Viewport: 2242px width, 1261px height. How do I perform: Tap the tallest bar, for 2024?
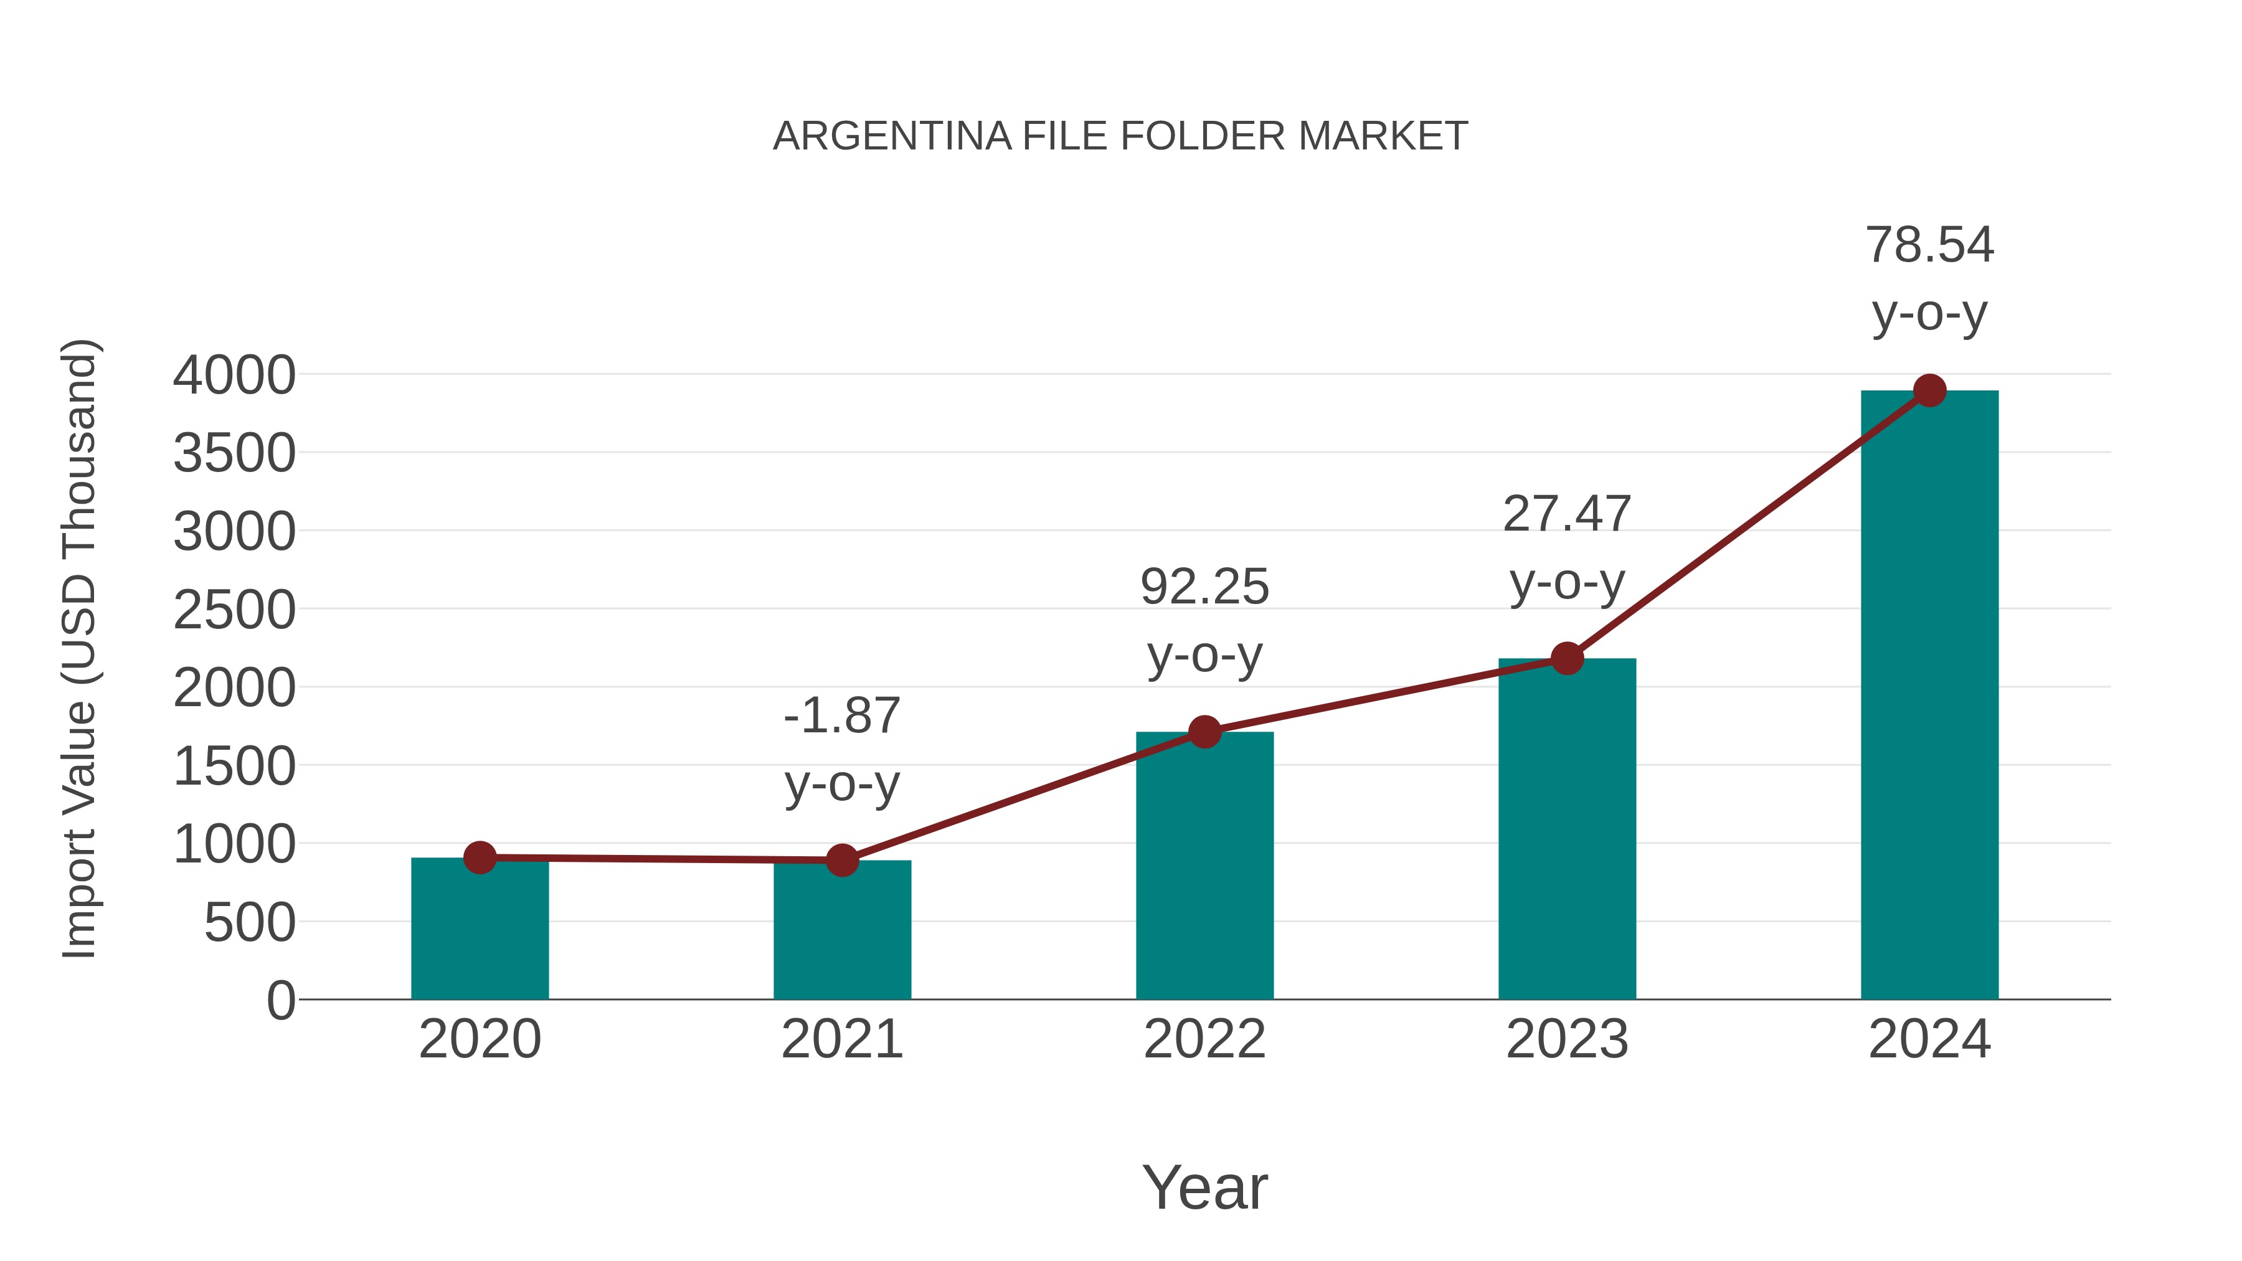coord(1929,696)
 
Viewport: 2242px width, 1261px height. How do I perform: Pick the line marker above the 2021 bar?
coord(841,861)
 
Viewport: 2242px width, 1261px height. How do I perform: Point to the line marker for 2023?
coord(1567,659)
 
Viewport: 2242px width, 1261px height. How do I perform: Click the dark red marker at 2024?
coord(1929,390)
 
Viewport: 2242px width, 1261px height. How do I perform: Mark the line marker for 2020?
coord(480,857)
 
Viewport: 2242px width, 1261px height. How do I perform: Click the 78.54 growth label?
coord(1929,245)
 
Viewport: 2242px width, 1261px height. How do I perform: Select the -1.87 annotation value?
coord(841,716)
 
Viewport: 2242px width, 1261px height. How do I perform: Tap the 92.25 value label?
coord(1204,587)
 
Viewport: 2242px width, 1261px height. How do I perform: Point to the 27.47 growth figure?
coord(1567,514)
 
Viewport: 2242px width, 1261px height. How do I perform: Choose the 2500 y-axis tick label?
coord(234,610)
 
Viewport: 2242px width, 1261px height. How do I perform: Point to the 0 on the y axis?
coord(281,1000)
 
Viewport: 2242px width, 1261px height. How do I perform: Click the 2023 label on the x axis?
coord(1567,1039)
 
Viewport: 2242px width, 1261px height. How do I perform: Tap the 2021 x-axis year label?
coord(841,1039)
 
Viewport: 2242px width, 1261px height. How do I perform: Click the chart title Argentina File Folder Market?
coord(1120,136)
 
